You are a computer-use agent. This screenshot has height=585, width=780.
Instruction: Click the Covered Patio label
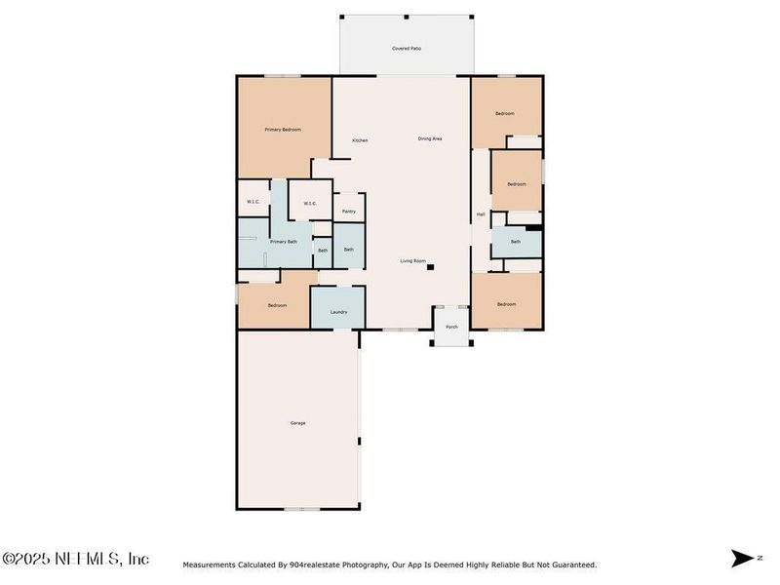[407, 48]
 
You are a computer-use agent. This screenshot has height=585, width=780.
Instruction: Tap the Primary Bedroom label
[283, 130]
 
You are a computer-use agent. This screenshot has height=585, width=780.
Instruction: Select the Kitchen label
[360, 140]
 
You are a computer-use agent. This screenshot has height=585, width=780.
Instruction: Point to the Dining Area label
[430, 139]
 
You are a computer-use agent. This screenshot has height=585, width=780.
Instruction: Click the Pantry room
[348, 211]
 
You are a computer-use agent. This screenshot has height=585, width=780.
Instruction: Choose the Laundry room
[338, 311]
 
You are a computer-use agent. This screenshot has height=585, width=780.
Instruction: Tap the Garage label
[297, 423]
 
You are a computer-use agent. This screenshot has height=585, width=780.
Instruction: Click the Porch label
[451, 327]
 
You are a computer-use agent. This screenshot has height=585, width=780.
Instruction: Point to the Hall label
[481, 214]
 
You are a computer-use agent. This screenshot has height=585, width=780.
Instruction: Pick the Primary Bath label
[284, 241]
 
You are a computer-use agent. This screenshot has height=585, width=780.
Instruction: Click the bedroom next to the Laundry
[277, 305]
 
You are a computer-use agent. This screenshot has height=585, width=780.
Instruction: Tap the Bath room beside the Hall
[515, 241]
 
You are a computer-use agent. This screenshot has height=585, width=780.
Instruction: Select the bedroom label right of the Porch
[505, 304]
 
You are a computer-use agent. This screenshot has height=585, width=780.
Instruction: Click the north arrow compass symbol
[742, 558]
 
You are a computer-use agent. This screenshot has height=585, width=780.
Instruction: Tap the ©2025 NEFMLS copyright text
[75, 559]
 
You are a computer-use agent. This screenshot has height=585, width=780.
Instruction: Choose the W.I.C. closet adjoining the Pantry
[309, 203]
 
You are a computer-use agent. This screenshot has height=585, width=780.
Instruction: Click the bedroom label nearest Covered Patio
[504, 114]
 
